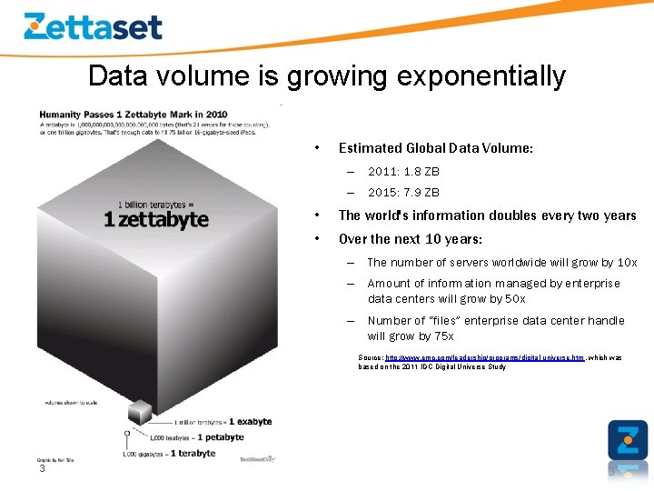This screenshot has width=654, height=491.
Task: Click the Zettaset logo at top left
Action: (x=93, y=26)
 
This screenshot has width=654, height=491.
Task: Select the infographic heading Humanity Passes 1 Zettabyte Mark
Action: (x=134, y=114)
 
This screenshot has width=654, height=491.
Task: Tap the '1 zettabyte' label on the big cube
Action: (x=155, y=219)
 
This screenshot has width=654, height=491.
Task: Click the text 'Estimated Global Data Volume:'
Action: (x=435, y=148)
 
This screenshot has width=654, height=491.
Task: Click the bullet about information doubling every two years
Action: (x=487, y=215)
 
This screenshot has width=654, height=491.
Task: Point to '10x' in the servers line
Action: (x=628, y=263)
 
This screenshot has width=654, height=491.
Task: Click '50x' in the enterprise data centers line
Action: (x=513, y=299)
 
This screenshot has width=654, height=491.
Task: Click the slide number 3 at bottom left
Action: (x=42, y=469)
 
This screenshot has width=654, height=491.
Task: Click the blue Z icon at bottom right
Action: (x=628, y=440)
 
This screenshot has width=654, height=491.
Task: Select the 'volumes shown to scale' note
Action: (x=71, y=401)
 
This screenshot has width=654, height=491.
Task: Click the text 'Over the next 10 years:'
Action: (x=411, y=239)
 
